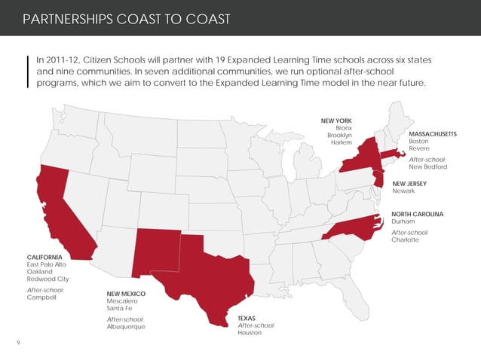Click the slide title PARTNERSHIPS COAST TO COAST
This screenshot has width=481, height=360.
click(x=127, y=18)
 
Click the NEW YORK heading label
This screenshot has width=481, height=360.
click(x=336, y=121)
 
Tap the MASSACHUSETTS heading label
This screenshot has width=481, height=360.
click(x=432, y=133)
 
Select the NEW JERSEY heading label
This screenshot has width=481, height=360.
click(x=410, y=183)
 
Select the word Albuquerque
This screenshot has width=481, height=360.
click(x=125, y=327)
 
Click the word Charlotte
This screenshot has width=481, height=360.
click(x=405, y=240)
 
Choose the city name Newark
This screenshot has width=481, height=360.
click(x=403, y=191)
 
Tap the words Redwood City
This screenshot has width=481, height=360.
click(x=47, y=279)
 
